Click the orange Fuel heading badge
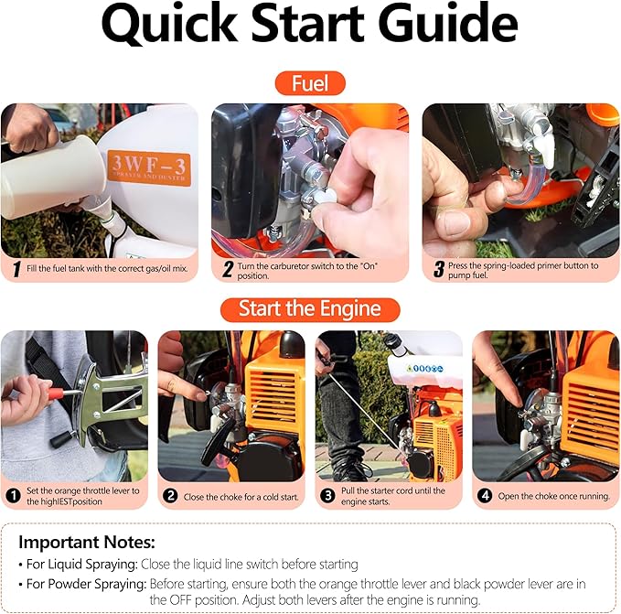tap(310, 83)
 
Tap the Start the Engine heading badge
tap(310, 309)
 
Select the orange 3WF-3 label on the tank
tap(149, 167)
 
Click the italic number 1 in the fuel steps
tap(16, 269)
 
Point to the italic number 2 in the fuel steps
tap(228, 269)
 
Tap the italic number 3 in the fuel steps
tap(439, 269)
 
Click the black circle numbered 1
tap(14, 496)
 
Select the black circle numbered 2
tap(170, 496)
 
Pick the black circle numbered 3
tap(327, 496)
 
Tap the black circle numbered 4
tap(485, 496)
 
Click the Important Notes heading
tap(87, 543)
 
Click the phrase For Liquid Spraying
tap(82, 564)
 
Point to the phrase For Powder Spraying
tap(86, 584)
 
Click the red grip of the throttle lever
tap(56, 393)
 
